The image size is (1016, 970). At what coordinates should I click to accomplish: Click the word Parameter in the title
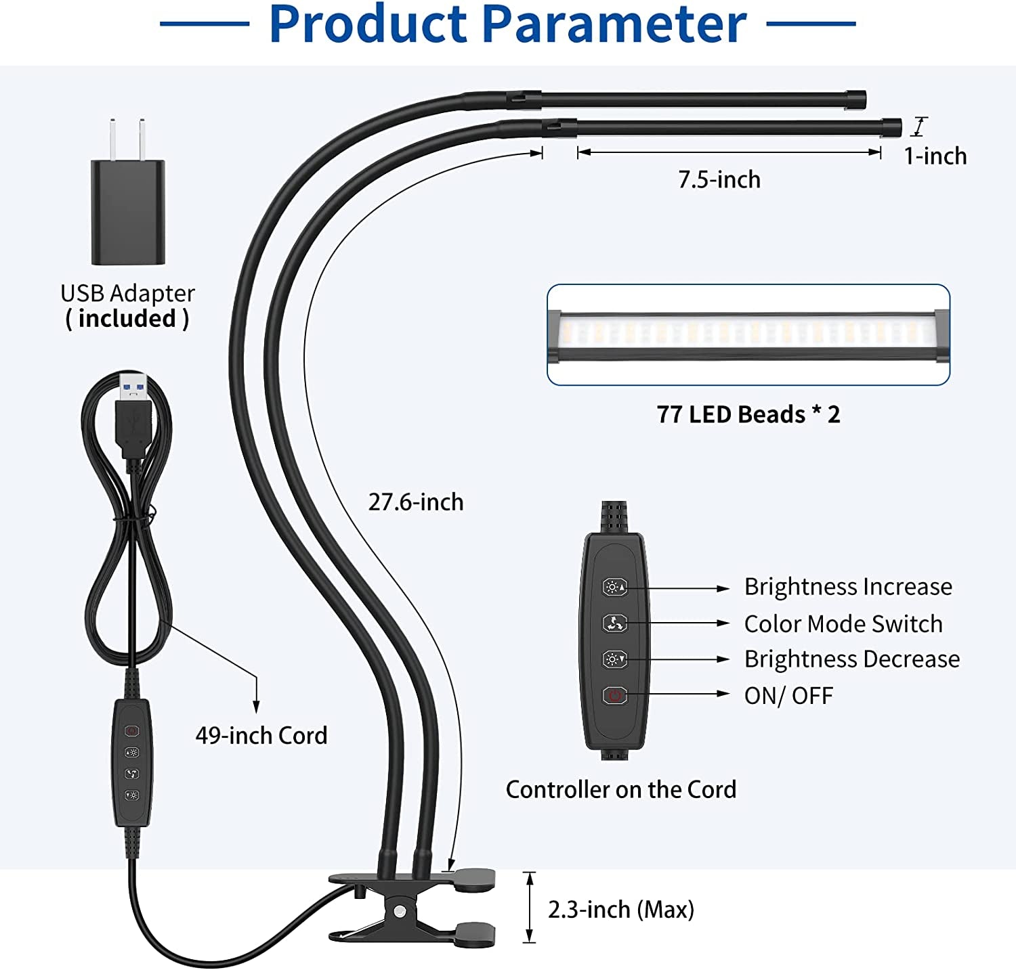click(x=615, y=24)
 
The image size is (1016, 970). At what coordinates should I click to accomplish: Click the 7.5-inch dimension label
click(x=719, y=180)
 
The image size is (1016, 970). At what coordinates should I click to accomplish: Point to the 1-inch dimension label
click(x=935, y=156)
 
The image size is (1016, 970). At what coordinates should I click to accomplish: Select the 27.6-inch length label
click(x=416, y=502)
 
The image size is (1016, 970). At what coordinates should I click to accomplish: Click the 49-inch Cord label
click(x=261, y=736)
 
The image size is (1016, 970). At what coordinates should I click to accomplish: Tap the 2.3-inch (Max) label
click(x=621, y=910)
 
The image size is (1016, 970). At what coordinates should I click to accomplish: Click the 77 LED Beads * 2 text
click(x=748, y=414)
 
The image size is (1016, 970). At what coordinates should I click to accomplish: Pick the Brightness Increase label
click(x=848, y=587)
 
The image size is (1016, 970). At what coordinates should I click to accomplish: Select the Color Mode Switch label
click(x=843, y=624)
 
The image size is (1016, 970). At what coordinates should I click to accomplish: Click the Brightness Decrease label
click(x=852, y=659)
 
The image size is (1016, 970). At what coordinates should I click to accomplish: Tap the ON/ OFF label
click(x=788, y=696)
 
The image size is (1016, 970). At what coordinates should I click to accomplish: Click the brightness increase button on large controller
click(x=614, y=588)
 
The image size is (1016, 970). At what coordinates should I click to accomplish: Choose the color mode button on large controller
click(x=614, y=623)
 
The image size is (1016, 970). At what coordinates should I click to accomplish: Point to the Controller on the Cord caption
click(x=621, y=790)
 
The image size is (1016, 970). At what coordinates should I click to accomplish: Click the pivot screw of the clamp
click(x=402, y=910)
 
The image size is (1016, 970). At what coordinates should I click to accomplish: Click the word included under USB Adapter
click(x=127, y=319)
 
